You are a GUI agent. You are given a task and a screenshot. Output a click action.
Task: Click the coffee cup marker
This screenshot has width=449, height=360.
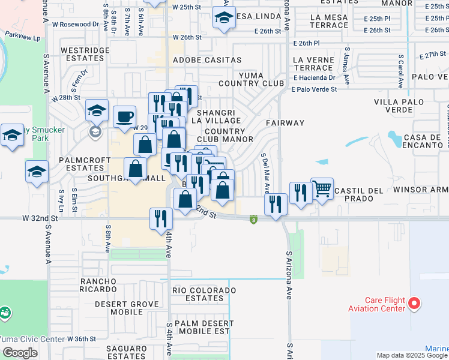(x=124, y=116)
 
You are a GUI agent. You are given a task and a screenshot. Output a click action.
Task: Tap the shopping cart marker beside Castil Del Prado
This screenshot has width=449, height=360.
(x=322, y=188)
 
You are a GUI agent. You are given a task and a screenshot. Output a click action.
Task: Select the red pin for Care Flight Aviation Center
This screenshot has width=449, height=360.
(x=414, y=304)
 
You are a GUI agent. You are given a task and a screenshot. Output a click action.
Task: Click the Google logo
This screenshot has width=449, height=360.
(x=20, y=353)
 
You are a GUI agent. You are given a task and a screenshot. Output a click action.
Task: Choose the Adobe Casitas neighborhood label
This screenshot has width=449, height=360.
(x=207, y=60)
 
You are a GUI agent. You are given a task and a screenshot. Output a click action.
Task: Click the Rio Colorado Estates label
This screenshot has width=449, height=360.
(x=197, y=294)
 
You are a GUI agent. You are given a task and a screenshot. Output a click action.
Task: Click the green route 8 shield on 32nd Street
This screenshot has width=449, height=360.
(x=253, y=219)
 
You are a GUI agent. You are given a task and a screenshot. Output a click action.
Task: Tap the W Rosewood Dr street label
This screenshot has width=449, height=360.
(x=76, y=24)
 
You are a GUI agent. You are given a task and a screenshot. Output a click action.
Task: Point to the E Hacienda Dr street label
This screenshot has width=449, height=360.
(x=315, y=78)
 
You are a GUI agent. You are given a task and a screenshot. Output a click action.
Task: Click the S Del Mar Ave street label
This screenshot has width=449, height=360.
(x=265, y=172)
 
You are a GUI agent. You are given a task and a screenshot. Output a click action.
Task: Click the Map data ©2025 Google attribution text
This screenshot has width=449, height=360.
(x=412, y=355)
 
